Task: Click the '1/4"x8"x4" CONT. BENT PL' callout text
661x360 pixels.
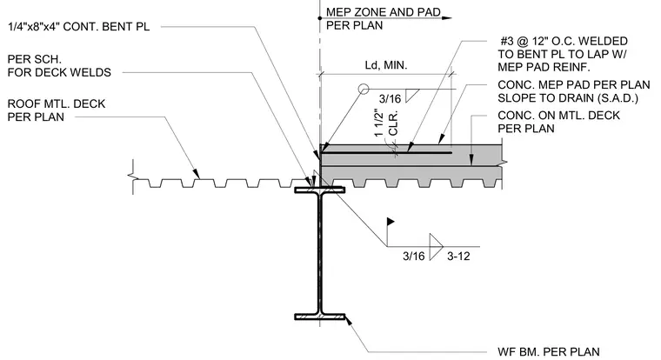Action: [x=79, y=27]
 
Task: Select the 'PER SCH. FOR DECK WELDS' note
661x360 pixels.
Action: [x=59, y=66]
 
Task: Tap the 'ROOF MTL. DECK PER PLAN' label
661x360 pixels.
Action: [x=57, y=110]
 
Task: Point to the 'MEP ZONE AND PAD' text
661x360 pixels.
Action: [x=384, y=12]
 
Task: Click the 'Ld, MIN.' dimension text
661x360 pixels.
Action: [x=386, y=65]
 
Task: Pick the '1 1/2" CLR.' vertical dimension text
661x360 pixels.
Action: [x=386, y=123]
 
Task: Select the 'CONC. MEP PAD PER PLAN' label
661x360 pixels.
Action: [x=574, y=84]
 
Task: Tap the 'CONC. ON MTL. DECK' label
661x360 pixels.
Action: [x=559, y=116]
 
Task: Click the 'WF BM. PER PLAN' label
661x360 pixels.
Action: [x=549, y=351]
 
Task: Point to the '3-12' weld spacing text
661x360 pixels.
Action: [x=458, y=256]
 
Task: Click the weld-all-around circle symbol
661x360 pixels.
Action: [x=364, y=89]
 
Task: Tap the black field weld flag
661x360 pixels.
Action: [x=391, y=222]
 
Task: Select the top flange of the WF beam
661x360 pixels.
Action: [x=319, y=190]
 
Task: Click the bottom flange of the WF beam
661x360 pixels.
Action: [x=319, y=317]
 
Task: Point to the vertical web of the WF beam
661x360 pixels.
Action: [x=320, y=253]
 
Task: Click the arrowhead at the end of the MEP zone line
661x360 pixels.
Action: [x=447, y=18]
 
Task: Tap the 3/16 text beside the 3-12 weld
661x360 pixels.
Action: [x=413, y=256]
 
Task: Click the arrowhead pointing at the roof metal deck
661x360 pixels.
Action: [x=196, y=173]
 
